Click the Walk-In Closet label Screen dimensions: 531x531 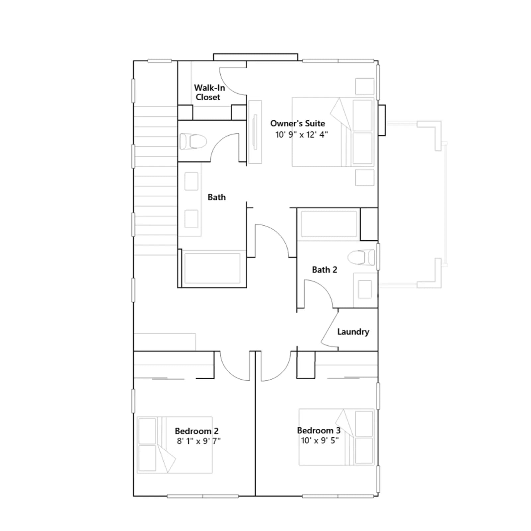pos(209,92)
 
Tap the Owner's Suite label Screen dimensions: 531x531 pos(298,123)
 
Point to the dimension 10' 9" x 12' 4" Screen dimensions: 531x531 pos(302,134)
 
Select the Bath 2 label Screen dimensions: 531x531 pos(325,269)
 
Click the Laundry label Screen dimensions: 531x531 pos(353,332)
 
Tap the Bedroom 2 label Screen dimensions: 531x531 pos(196,431)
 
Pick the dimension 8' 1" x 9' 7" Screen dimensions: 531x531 pos(199,441)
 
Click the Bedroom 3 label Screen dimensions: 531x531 pos(319,430)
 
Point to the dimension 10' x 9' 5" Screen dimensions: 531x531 pos(320,440)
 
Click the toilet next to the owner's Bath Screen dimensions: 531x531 pos(193,141)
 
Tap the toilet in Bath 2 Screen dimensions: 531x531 pos(361,258)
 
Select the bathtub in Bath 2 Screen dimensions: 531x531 pos(329,224)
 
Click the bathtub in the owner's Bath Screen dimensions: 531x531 pos(212,268)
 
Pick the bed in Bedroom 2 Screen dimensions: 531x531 pos(175,445)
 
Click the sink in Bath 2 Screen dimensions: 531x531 pos(365,289)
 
